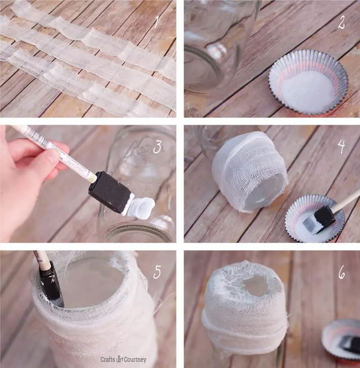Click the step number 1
(156, 23)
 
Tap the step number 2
(341, 23)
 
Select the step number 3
(157, 147)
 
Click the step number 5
(157, 272)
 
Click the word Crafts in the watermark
(108, 359)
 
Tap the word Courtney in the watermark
(135, 359)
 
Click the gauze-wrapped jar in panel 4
(249, 172)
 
